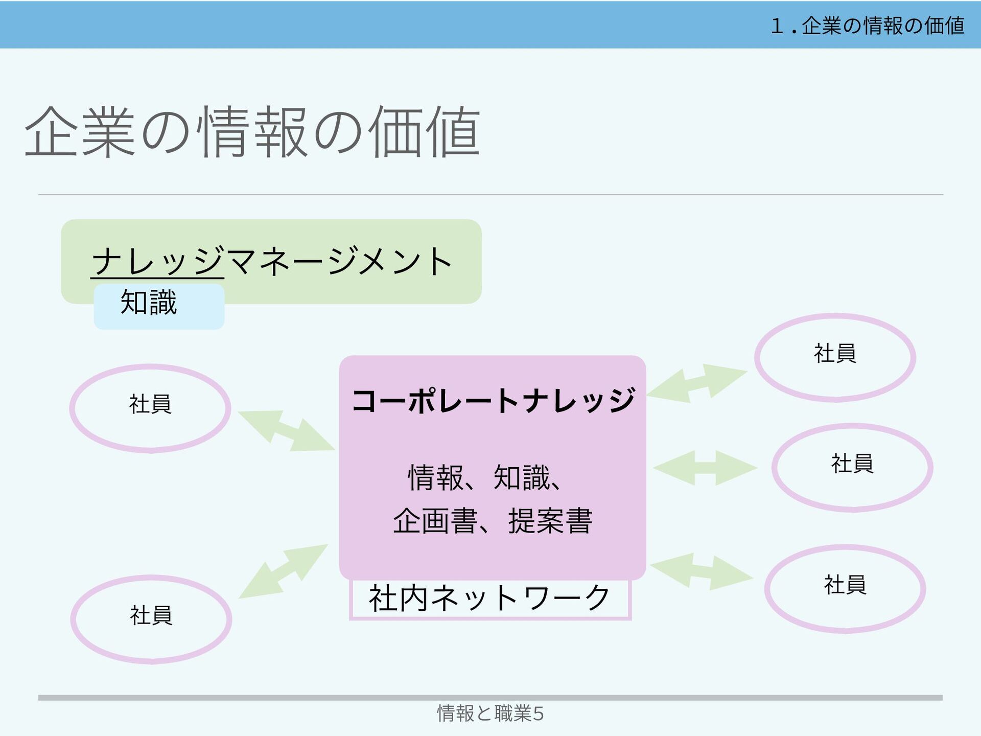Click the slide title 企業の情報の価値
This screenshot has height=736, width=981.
pyautogui.click(x=252, y=132)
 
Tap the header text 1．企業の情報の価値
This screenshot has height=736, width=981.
pyautogui.click(x=867, y=26)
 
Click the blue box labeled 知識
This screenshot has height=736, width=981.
pyautogui.click(x=159, y=306)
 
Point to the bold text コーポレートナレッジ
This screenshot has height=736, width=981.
pyautogui.click(x=493, y=400)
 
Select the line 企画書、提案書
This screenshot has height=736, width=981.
pyautogui.click(x=492, y=521)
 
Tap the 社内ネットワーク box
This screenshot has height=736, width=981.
pyautogui.click(x=489, y=599)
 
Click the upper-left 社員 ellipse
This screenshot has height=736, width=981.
pyautogui.click(x=150, y=408)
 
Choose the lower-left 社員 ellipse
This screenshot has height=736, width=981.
pyautogui.click(x=151, y=619)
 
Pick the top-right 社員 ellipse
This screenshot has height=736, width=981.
pyautogui.click(x=835, y=357)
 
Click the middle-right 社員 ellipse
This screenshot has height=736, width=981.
pyautogui.click(x=852, y=467)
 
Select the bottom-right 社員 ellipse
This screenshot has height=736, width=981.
pyautogui.click(x=845, y=588)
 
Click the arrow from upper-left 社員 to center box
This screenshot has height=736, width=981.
pyautogui.click(x=286, y=430)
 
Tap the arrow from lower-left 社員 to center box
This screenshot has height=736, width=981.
pyautogui.click(x=283, y=571)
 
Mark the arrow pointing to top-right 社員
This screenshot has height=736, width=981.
pyautogui.click(x=697, y=383)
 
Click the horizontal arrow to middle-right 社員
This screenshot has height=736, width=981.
pyautogui.click(x=705, y=468)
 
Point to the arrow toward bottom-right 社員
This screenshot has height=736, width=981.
pyautogui.click(x=702, y=572)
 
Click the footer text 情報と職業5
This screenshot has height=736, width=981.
pyautogui.click(x=490, y=714)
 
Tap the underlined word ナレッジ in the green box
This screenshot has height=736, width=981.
pyautogui.click(x=157, y=261)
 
